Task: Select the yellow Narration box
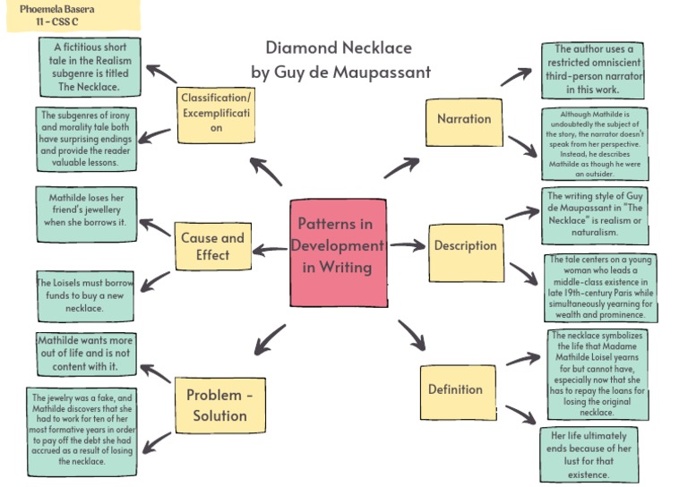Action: click(463, 119)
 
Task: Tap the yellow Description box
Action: click(465, 246)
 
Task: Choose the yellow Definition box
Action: click(455, 389)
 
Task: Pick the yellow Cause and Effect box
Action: click(212, 246)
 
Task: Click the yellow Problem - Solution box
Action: click(219, 405)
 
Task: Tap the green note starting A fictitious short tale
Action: click(90, 68)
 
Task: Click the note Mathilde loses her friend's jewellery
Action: click(86, 208)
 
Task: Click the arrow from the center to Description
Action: click(408, 244)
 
